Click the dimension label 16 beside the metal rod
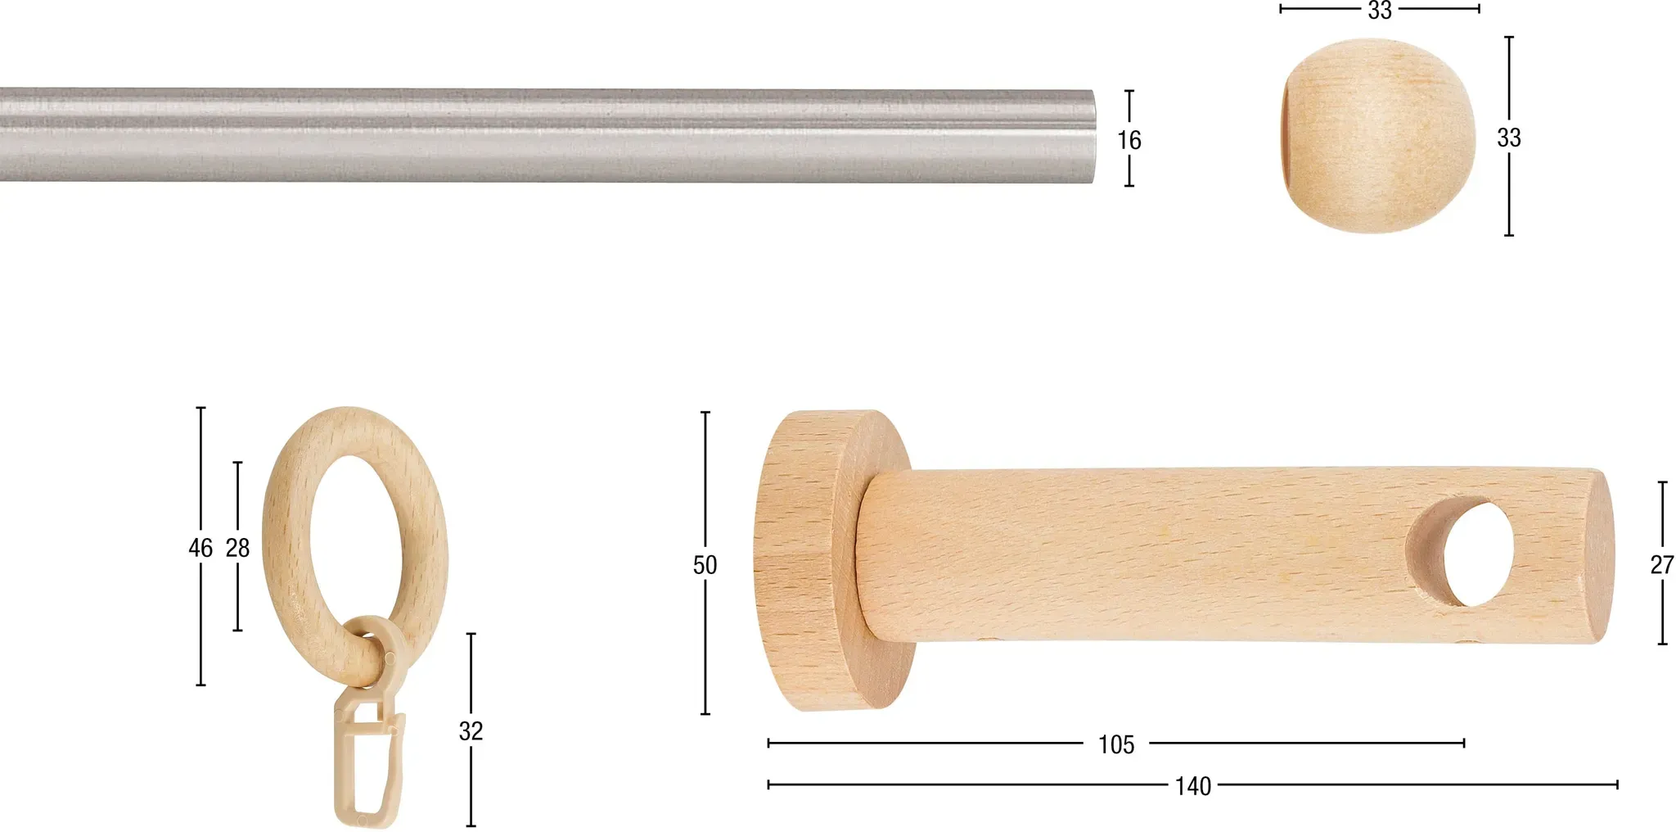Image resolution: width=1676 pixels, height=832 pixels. point(1129,140)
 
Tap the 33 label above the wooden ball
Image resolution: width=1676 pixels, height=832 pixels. point(1380,10)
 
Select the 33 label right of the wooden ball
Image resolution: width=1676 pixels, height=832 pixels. point(1509,138)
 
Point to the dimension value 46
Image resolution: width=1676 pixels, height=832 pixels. point(200,548)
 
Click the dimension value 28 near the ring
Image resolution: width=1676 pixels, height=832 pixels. point(237,548)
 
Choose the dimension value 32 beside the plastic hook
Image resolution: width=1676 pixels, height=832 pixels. point(471,730)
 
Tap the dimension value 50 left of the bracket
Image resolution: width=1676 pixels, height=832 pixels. point(705,565)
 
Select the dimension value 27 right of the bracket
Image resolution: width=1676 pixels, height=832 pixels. point(1662,565)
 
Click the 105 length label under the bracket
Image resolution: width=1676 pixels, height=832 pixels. point(1116,744)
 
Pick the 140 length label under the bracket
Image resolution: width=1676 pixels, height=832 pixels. point(1193,786)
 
